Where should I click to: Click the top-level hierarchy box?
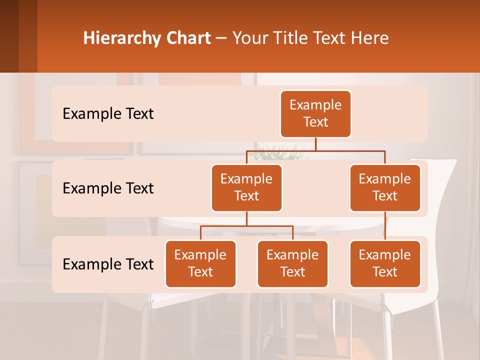tap(315, 114)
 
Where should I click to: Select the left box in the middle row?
tap(246, 188)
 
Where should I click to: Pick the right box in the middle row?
tap(385, 188)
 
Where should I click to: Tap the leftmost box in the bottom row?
tap(200, 264)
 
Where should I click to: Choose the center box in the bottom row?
tap(292, 264)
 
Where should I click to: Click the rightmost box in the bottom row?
tap(385, 264)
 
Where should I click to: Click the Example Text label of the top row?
tap(108, 114)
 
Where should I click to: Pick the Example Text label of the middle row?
tap(108, 188)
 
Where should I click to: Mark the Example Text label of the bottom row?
tap(108, 264)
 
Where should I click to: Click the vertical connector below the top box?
tap(315, 144)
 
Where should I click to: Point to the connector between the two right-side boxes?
tap(385, 226)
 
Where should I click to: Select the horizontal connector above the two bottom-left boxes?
tap(246, 226)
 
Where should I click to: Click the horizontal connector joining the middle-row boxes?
tap(315, 150)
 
